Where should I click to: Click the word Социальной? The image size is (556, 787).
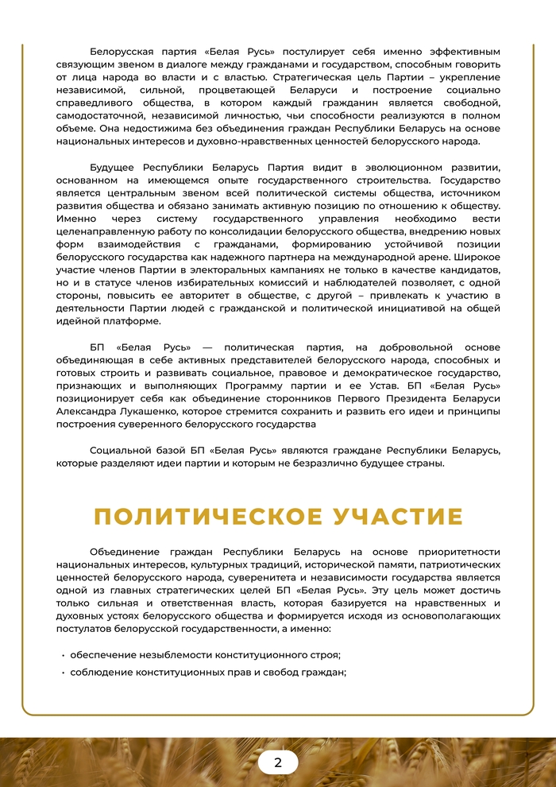tap(119, 451)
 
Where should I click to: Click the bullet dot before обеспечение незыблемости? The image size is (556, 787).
tap(63, 655)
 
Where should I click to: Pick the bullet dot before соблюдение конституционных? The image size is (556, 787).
tap(63, 673)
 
